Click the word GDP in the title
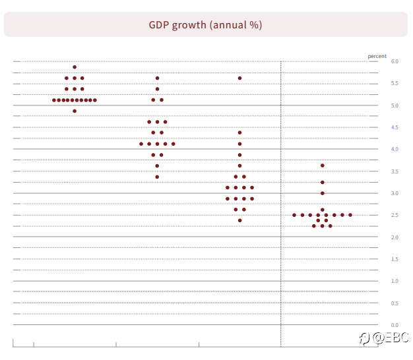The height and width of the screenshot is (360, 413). coord(159,25)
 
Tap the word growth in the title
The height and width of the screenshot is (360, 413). coord(189,26)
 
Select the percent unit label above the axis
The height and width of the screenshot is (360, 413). coord(377,56)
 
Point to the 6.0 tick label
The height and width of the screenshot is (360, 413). coord(395,61)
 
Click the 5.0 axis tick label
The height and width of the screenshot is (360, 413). coord(395,105)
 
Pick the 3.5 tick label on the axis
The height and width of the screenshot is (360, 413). coord(395,171)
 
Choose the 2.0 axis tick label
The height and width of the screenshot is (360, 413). coord(395,237)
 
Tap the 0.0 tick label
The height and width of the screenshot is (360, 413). coord(395,325)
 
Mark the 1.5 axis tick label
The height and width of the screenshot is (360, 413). coord(395,259)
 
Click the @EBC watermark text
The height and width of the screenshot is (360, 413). coord(391,338)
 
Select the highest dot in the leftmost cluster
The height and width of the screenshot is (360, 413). coord(75,67)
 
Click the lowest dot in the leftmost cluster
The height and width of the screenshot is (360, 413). coord(75,111)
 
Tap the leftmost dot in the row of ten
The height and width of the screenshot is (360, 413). coord(54,100)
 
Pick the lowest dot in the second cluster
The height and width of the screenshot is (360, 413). coord(157,177)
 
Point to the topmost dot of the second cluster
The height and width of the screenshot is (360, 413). coord(157,78)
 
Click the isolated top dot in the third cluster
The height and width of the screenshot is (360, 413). coord(239,78)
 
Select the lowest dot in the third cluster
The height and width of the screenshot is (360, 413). coord(239,220)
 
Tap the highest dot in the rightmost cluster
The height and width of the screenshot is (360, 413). coord(323,165)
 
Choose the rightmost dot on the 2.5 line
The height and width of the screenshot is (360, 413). coord(350,215)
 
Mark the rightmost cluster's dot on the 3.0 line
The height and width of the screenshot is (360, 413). coord(323,193)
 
